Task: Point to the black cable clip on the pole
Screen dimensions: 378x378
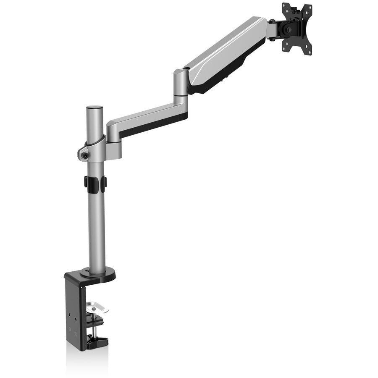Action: click(x=95, y=182)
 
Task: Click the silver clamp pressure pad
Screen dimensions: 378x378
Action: click(x=97, y=308)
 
